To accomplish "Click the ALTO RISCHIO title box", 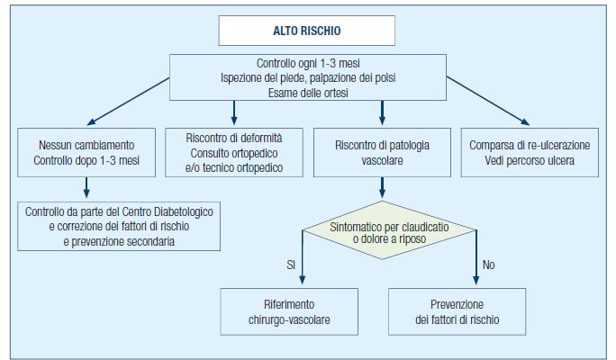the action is [x=307, y=31].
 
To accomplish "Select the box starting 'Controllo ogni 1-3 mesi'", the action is [x=308, y=77].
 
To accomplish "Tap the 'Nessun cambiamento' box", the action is [x=86, y=152].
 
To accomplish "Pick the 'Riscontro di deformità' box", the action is [x=234, y=152].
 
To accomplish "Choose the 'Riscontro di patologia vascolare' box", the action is [x=382, y=152].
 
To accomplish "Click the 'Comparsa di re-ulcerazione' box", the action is [x=530, y=152].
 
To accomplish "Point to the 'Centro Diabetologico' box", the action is [x=119, y=226].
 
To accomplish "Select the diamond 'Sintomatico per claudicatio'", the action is [x=389, y=230].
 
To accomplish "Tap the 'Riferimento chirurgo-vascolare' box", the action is [x=289, y=311].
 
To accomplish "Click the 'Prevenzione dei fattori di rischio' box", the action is [x=457, y=311].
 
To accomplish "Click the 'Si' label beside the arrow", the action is [x=291, y=265].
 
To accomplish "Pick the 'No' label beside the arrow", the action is [x=488, y=265].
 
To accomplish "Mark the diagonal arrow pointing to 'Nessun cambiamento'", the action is [x=129, y=102].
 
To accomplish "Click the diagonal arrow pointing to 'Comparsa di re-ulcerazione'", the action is [x=488, y=101].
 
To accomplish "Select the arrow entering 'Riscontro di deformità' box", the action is [x=234, y=112].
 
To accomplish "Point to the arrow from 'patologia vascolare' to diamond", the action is [x=382, y=188].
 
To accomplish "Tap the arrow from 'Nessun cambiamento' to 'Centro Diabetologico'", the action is [x=86, y=187].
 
